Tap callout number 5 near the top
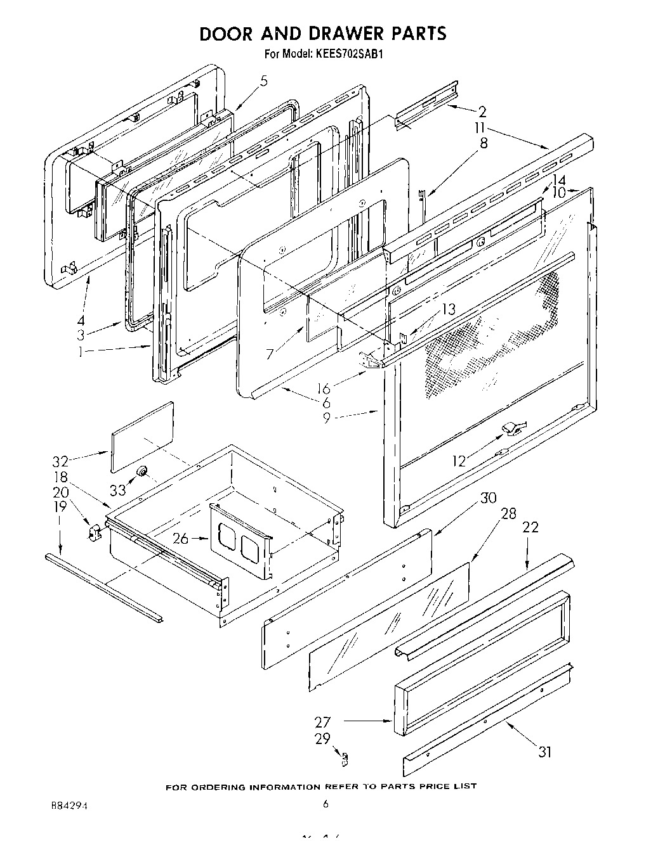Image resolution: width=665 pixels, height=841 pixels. pyautogui.click(x=264, y=80)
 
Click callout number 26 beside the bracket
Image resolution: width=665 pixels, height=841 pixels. pyautogui.click(x=181, y=539)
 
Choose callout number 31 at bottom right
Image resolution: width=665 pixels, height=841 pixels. pyautogui.click(x=544, y=752)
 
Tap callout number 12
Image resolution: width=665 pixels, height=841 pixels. pyautogui.click(x=459, y=461)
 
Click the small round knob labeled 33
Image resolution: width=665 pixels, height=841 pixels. pyautogui.click(x=142, y=471)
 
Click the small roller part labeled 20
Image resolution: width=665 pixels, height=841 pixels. pyautogui.click(x=95, y=533)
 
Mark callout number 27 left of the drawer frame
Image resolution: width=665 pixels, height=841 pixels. pyautogui.click(x=323, y=722)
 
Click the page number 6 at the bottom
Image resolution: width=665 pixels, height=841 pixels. pyautogui.click(x=326, y=805)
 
